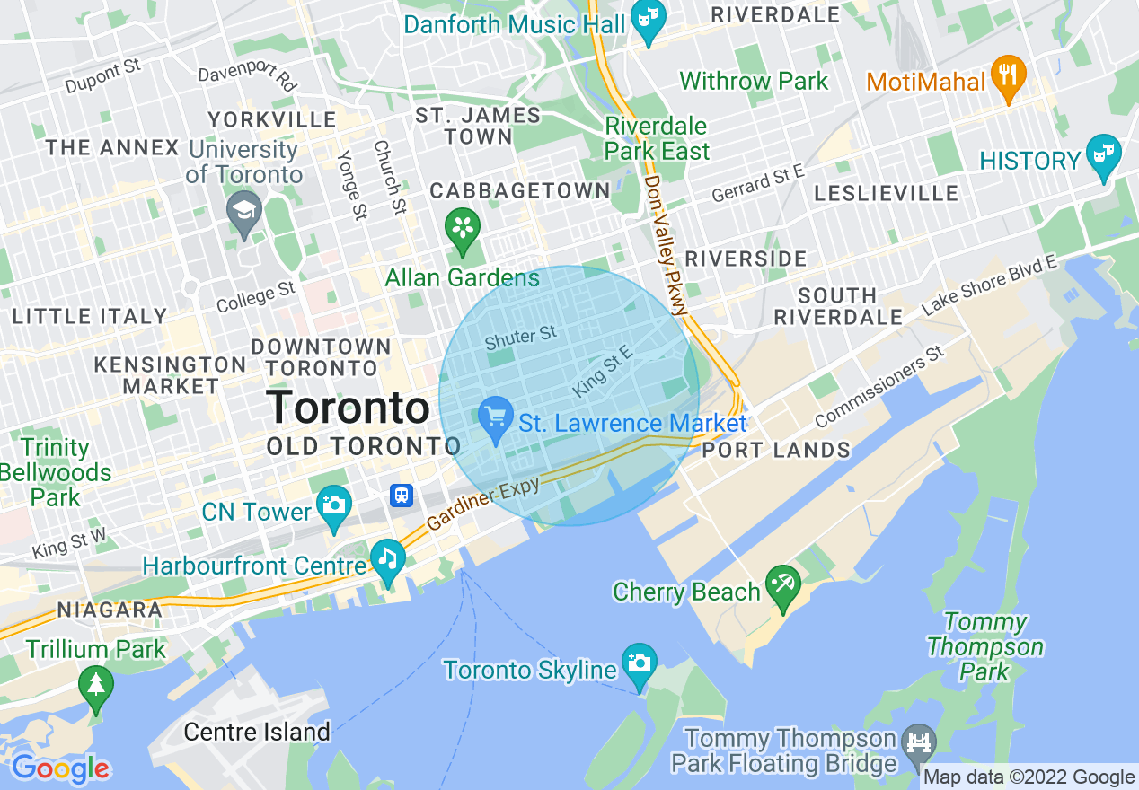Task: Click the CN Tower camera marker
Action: (334, 503)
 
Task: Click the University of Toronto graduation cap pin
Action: (244, 210)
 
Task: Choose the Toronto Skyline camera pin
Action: (639, 663)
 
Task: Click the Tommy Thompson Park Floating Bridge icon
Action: (920, 742)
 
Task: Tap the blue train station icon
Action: (401, 495)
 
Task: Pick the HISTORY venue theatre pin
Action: (1102, 153)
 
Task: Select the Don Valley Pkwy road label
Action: (666, 244)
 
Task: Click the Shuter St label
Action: (521, 338)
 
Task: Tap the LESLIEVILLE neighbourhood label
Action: (886, 194)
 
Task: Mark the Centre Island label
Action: (257, 733)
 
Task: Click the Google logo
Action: (60, 768)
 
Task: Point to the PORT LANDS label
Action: (776, 450)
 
